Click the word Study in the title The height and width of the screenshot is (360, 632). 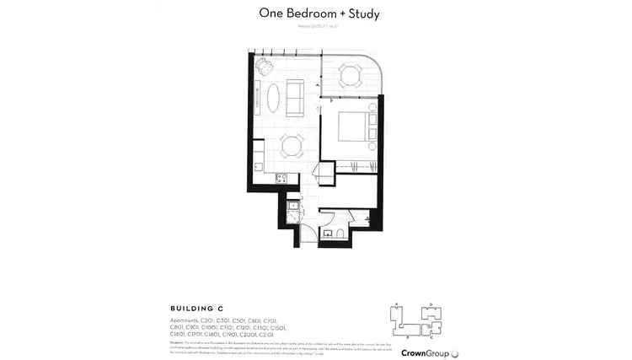(x=365, y=14)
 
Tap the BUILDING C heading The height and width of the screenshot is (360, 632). (x=198, y=309)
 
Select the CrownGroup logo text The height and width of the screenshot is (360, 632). (x=425, y=352)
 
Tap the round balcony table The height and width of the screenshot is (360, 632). (x=350, y=76)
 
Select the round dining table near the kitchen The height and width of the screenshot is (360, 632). (x=292, y=146)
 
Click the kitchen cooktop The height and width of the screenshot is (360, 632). (x=281, y=178)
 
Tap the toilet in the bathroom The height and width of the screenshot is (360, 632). (x=338, y=233)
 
